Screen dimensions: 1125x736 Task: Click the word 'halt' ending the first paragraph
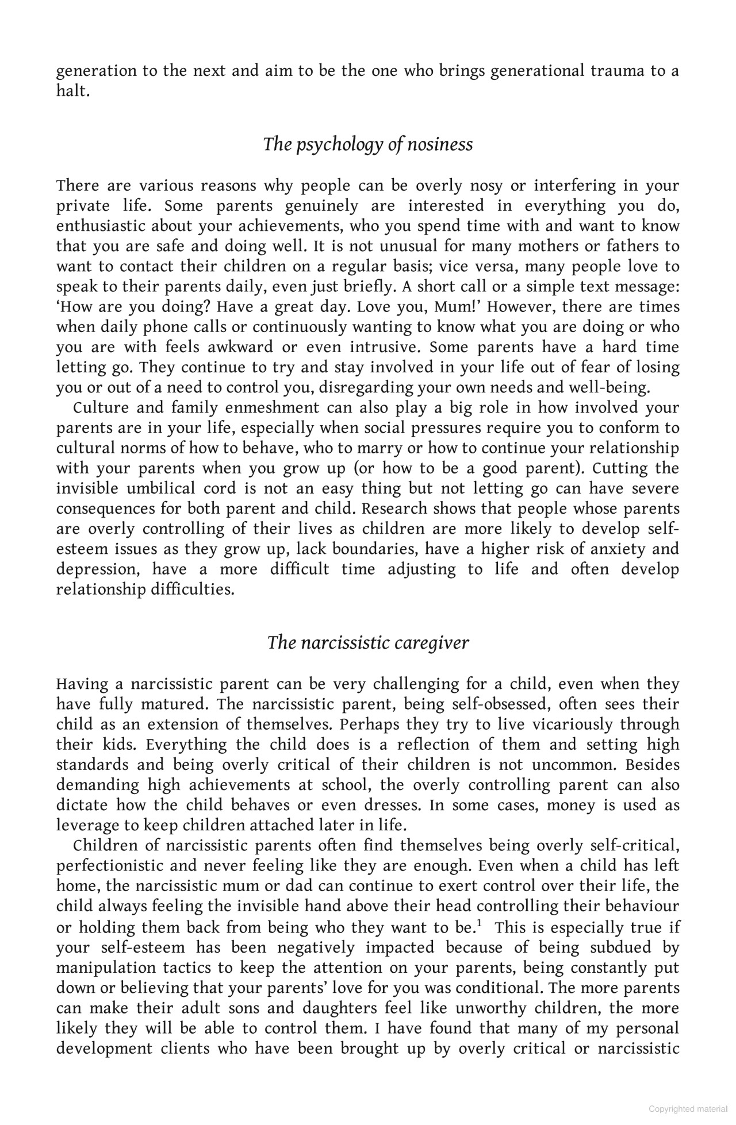click(72, 91)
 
